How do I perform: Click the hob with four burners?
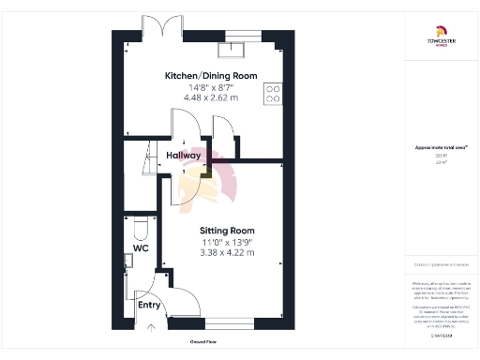click(x=274, y=93)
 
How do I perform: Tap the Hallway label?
click(x=183, y=156)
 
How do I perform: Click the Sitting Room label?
click(x=226, y=231)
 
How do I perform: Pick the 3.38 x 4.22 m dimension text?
click(x=226, y=252)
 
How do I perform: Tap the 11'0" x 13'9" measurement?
click(x=226, y=242)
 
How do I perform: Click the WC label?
click(x=141, y=250)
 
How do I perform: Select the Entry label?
click(x=149, y=305)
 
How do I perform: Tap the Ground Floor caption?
click(x=205, y=342)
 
